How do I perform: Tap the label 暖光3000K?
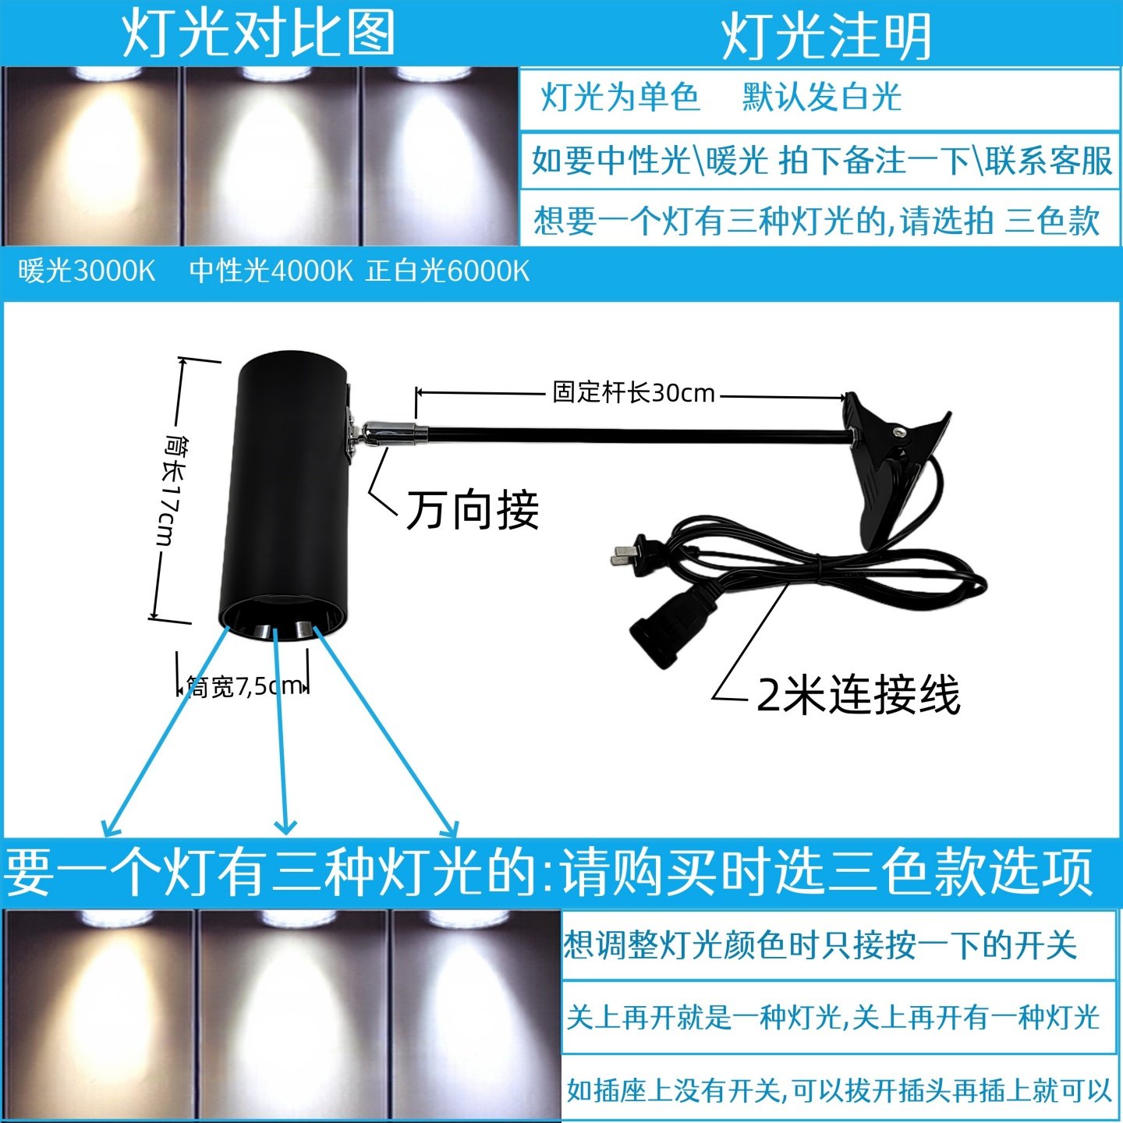(x=87, y=271)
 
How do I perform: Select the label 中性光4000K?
(x=271, y=271)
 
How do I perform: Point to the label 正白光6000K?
(x=448, y=271)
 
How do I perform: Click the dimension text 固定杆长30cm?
(x=633, y=392)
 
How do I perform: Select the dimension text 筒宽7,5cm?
(x=244, y=686)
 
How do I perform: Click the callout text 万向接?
(x=473, y=511)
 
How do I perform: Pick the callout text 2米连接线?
(x=858, y=694)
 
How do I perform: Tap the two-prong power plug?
(x=636, y=554)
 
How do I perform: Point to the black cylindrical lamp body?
(x=285, y=484)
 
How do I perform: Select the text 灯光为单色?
(x=620, y=97)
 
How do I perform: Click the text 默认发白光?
(x=822, y=97)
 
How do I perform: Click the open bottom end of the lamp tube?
(x=281, y=620)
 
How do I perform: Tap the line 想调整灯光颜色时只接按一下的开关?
(x=820, y=945)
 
